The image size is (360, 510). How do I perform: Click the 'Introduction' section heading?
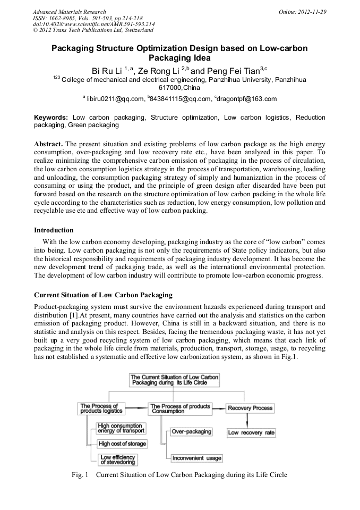pyautogui.click(x=54, y=230)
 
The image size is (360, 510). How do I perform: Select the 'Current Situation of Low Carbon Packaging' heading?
pyautogui.click(x=104, y=295)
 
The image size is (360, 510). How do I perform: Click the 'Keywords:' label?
pyautogui.click(x=52, y=117)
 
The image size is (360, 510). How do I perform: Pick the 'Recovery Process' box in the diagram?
pyautogui.click(x=250, y=408)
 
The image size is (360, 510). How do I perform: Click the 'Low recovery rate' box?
pyautogui.click(x=251, y=432)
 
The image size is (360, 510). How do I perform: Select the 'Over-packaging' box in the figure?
pyautogui.click(x=191, y=431)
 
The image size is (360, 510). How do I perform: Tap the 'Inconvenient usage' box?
pyautogui.click(x=196, y=458)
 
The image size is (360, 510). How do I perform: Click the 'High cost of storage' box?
pyautogui.click(x=122, y=444)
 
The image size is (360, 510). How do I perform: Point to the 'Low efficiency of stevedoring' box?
pyautogui.click(x=118, y=459)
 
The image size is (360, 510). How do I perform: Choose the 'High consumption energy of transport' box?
pyautogui.click(x=121, y=428)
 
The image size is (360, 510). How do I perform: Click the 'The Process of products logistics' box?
pyautogui.click(x=101, y=408)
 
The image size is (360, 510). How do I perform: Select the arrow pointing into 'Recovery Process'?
pyautogui.click(x=219, y=408)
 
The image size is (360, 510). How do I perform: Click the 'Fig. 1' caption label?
pyautogui.click(x=79, y=475)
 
